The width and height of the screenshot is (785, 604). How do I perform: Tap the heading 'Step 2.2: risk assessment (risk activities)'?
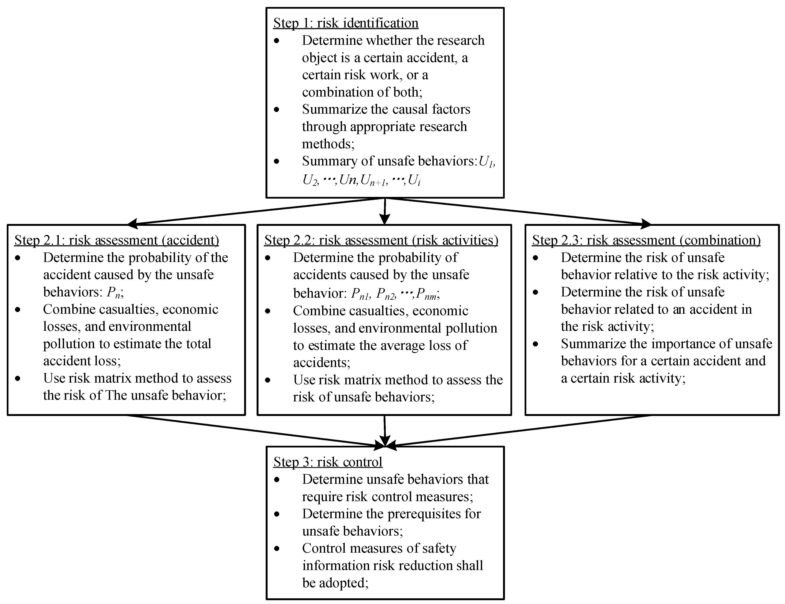[381, 240]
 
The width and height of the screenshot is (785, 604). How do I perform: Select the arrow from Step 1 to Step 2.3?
[521, 212]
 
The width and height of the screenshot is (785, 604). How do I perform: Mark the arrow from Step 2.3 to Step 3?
[521, 431]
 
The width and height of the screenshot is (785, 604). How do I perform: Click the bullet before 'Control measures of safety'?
[276, 548]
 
